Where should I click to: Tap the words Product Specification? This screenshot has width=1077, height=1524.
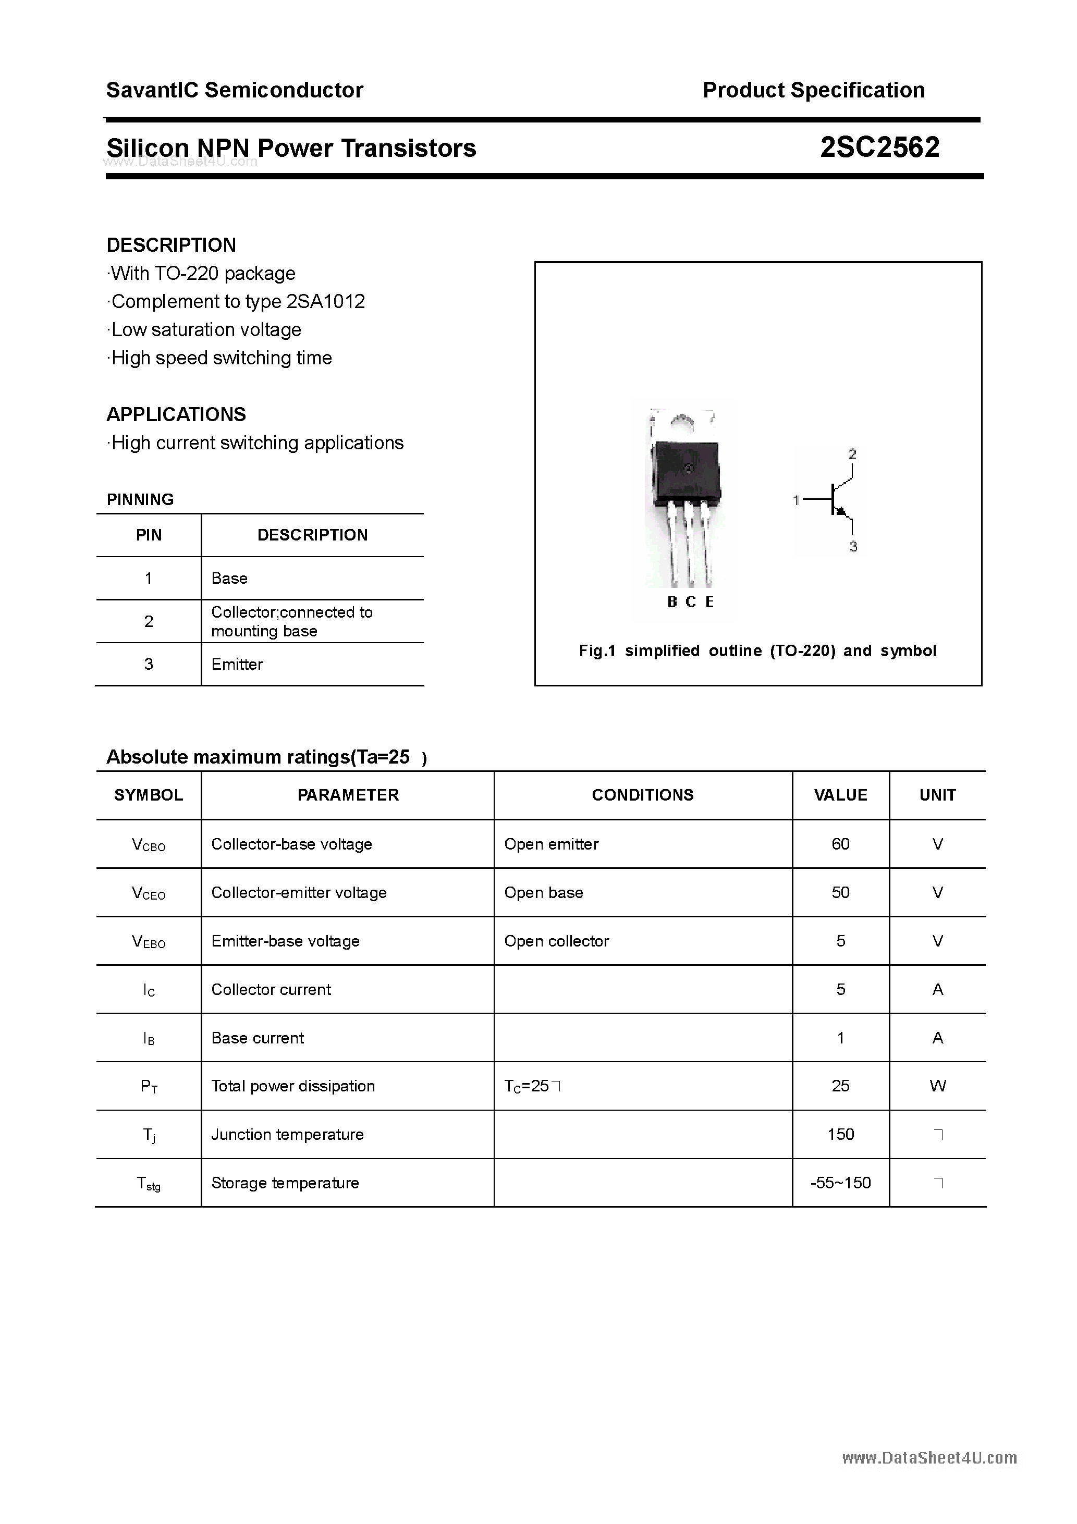click(813, 90)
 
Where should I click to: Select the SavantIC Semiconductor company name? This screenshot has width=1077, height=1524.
click(235, 90)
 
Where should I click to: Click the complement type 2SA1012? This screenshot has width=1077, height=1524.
click(325, 301)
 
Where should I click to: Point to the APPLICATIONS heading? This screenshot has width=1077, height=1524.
click(176, 414)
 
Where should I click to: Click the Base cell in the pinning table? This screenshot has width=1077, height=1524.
click(229, 578)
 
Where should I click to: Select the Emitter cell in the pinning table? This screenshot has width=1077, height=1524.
click(237, 665)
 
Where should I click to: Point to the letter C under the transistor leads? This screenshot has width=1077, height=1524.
click(691, 602)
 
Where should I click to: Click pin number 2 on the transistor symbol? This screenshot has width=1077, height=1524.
click(852, 454)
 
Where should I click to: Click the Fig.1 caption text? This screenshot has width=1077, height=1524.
click(757, 650)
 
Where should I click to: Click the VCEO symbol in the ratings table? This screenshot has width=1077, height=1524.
click(149, 893)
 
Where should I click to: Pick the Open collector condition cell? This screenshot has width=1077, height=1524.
click(556, 941)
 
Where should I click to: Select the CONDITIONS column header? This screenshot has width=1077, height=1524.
click(642, 795)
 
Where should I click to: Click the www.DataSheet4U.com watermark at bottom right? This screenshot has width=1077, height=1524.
click(929, 1458)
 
